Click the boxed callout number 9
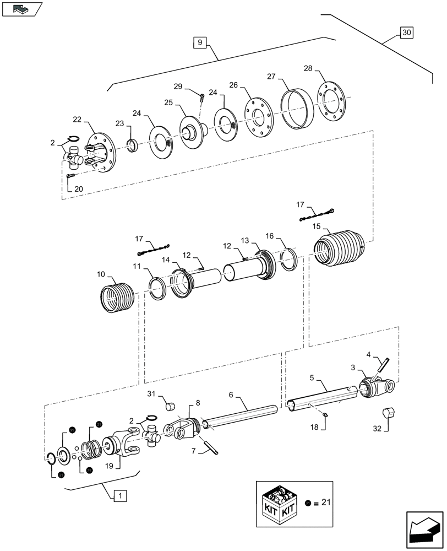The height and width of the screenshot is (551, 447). [200, 41]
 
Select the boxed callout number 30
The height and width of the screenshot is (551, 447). [406, 33]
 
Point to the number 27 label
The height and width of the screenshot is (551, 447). [271, 77]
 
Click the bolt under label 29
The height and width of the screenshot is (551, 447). [201, 98]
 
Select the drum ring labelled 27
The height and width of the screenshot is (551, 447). [297, 108]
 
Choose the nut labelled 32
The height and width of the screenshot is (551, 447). [389, 413]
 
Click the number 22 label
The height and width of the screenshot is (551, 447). [77, 120]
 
